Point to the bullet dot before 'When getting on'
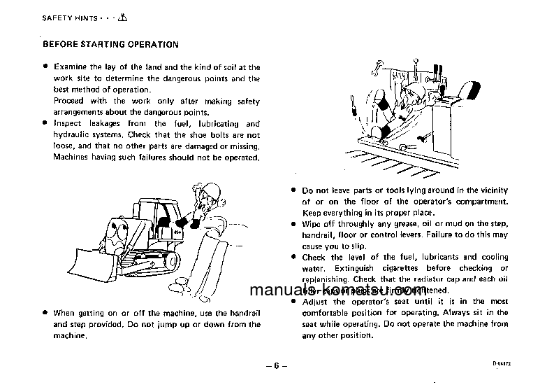coord(45,313)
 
